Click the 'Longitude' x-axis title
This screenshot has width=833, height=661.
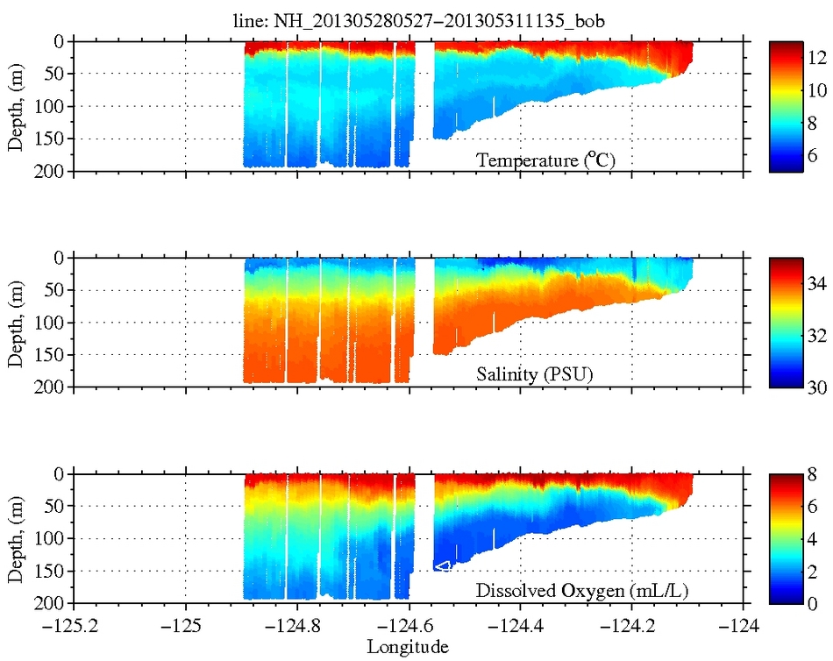408,648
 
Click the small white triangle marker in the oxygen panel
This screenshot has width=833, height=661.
443,566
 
